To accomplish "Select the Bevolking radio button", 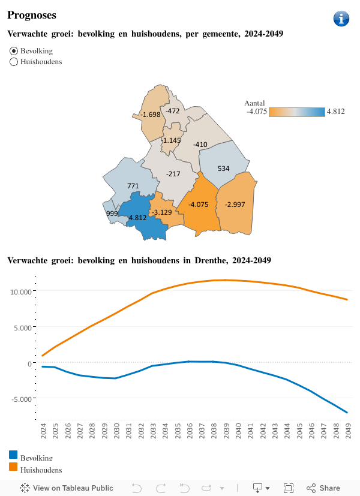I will coord(14,51).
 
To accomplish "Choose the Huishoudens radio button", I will coord(14,62).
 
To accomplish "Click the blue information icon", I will coord(341,19).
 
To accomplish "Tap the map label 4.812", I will coord(137,218).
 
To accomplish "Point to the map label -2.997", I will coord(235,205).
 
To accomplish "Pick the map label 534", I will coord(223,169).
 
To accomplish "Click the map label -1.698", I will coord(150,115).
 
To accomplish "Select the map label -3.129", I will coord(162,212).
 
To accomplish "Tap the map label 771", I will coord(133,186).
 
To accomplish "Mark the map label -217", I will coord(173,174).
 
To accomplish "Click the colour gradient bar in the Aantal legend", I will coord(296,112).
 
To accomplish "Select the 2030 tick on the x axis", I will coord(116,430).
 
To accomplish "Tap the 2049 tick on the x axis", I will coord(347,430).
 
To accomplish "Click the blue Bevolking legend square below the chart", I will coord(13,455).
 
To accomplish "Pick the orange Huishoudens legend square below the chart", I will coord(13,467).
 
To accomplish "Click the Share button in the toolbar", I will coord(323,488).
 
